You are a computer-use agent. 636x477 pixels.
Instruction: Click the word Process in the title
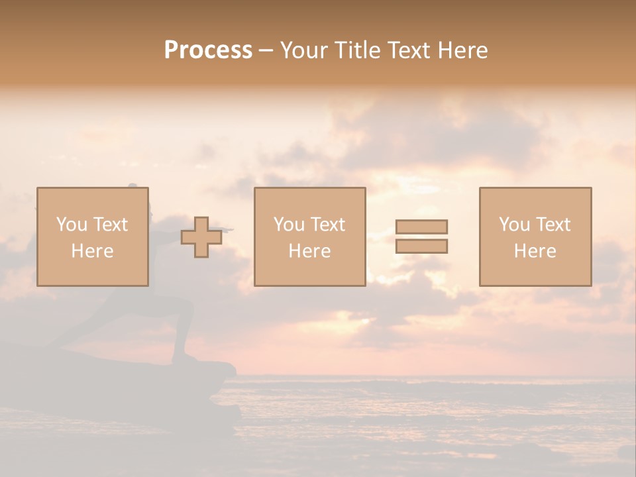click(208, 50)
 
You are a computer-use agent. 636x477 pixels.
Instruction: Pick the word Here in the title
click(463, 50)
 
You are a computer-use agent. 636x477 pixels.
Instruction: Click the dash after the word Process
click(266, 51)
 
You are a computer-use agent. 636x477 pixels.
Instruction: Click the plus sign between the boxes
click(201, 237)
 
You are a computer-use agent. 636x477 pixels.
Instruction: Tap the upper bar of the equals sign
click(421, 227)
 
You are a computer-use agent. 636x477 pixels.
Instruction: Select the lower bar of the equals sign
click(421, 246)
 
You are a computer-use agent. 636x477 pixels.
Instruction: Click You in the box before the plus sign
click(72, 225)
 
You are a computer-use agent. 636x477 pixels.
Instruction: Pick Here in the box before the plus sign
click(92, 251)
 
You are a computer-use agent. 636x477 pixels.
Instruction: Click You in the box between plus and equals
click(289, 225)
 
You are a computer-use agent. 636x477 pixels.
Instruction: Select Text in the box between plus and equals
click(327, 225)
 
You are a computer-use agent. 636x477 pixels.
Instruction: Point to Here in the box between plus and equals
click(309, 251)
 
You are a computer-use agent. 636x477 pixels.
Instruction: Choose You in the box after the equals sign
click(514, 225)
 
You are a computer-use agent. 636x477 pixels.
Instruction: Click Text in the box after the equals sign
click(552, 225)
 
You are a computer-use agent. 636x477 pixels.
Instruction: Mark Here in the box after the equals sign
click(535, 251)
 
